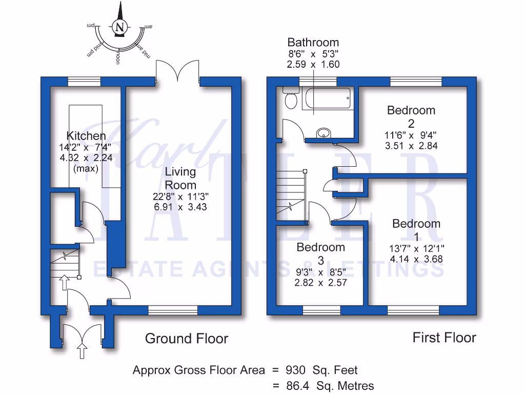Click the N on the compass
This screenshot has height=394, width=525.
120,27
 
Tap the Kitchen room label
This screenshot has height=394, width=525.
86,136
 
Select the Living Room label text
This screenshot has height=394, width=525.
180,178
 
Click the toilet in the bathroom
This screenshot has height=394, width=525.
291,100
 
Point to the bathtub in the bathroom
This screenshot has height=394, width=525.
327,97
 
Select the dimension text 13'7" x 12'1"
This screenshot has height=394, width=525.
417,249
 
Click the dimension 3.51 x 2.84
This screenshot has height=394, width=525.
411,145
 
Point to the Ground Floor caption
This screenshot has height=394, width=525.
186,339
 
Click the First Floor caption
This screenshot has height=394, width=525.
444,338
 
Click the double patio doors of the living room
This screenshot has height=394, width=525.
177,71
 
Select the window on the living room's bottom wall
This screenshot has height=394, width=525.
173,310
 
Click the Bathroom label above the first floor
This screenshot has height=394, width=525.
313,43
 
